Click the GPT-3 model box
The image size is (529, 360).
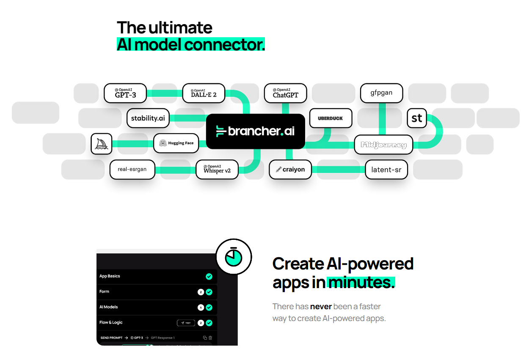click(x=126, y=93)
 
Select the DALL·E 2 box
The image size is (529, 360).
click(x=204, y=93)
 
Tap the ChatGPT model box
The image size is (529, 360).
click(x=285, y=93)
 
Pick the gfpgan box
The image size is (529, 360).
click(x=381, y=93)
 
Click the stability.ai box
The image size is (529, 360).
click(x=148, y=118)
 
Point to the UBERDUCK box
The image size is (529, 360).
click(x=330, y=118)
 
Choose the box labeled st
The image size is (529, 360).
click(x=417, y=118)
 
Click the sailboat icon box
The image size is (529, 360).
click(x=102, y=143)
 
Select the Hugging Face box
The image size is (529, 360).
click(x=176, y=143)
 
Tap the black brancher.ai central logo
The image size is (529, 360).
click(x=255, y=131)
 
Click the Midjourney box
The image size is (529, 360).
click(x=383, y=145)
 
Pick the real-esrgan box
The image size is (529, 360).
click(x=132, y=169)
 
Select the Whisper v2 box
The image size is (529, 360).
click(x=217, y=169)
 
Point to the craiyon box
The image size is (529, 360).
click(x=290, y=169)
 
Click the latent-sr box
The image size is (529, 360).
click(x=386, y=170)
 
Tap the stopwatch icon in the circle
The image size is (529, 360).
click(x=234, y=257)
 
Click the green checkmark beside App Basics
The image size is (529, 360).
click(x=209, y=276)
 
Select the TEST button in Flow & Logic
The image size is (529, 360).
click(x=186, y=323)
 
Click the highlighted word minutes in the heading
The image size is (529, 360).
click(x=361, y=282)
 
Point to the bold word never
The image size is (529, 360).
click(x=320, y=306)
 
